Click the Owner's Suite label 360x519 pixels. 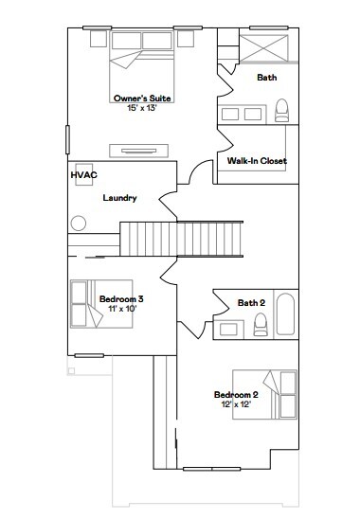tap(142, 98)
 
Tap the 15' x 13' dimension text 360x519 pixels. tap(142, 108)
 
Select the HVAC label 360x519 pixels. tap(84, 175)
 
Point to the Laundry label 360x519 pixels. tap(120, 198)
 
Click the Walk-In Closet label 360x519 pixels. tap(257, 161)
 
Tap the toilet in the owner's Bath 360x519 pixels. tap(281, 110)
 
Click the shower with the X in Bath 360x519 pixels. tap(264, 48)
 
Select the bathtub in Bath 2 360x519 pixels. tap(285, 314)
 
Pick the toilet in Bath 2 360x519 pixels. tap(261, 325)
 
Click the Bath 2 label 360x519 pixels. tap(251, 302)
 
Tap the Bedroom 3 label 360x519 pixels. tap(121, 299)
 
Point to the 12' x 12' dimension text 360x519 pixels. tap(236, 404)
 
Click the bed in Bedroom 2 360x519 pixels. tap(264, 395)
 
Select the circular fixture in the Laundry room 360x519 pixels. tap(79, 224)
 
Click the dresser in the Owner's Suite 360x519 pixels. tap(138, 151)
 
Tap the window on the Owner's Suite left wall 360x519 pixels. tap(67, 139)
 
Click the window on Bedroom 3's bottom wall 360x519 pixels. tap(89, 355)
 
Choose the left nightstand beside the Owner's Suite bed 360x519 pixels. tap(99, 39)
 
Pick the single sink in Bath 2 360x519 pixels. tap(228, 330)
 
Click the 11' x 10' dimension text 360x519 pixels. tap(122, 309)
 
